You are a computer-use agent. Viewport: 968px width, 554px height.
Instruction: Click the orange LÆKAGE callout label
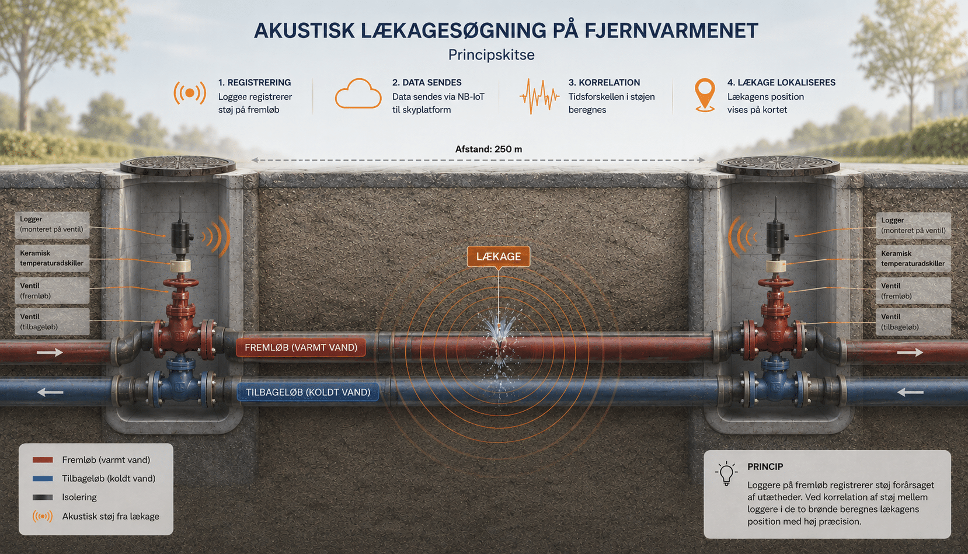point(498,257)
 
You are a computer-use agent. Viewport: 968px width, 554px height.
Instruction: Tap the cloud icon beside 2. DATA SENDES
point(358,93)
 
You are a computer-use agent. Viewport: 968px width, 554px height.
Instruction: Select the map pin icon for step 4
point(704,96)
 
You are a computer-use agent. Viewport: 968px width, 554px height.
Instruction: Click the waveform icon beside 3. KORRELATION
point(539,96)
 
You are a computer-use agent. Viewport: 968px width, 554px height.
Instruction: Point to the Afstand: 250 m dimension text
point(488,149)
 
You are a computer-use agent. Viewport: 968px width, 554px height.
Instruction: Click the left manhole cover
point(177,166)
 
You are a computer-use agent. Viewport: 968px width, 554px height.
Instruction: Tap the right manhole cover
point(778,166)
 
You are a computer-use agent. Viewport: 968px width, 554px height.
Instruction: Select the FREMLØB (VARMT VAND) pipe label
point(301,347)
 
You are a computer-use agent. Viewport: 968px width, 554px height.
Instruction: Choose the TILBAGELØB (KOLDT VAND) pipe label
point(308,392)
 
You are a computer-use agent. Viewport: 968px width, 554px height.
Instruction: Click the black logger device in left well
point(182,237)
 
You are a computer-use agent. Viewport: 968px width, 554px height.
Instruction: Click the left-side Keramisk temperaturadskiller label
point(52,258)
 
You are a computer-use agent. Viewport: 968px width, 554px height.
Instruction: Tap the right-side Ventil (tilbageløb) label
point(913,322)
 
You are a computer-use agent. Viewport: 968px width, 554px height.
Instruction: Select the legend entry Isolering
point(79,497)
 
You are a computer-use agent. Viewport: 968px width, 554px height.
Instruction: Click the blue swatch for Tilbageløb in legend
point(43,478)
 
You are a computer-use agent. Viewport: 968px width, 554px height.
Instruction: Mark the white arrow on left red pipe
point(50,353)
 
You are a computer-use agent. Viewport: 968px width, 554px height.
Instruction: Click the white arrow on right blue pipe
point(911,392)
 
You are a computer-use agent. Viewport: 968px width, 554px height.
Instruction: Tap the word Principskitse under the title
point(492,55)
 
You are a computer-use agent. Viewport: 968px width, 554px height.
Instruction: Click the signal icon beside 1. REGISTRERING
point(189,93)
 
